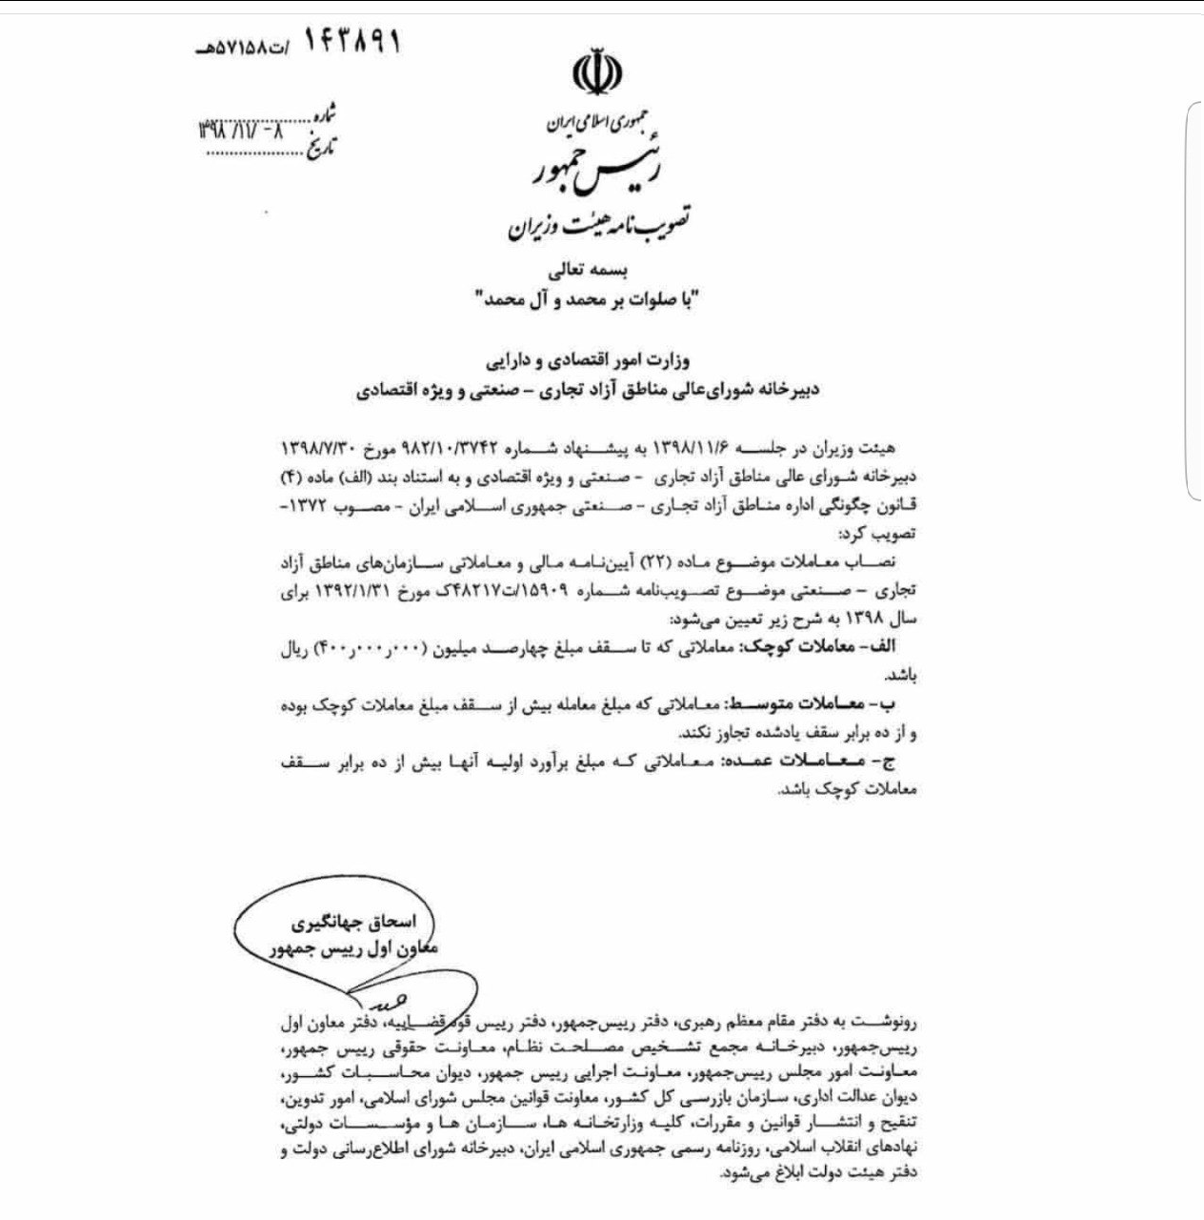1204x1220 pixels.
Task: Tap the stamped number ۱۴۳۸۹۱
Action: point(351,42)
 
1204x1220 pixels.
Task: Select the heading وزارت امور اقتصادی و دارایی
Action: point(588,363)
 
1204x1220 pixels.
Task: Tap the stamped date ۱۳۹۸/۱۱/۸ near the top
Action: point(238,131)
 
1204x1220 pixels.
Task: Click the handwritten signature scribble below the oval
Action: point(365,1000)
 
